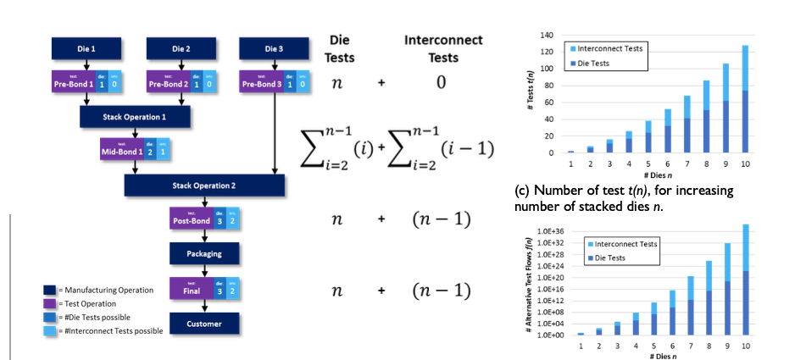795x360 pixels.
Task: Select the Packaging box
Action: tap(203, 252)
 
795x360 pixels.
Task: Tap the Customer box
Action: tap(203, 323)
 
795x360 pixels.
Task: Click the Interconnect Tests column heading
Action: tap(443, 49)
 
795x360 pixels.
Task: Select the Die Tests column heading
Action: tap(340, 49)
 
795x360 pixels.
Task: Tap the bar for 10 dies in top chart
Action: tap(745, 99)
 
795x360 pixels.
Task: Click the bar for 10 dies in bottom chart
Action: tap(745, 280)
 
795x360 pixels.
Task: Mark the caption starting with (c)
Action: tap(624, 197)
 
